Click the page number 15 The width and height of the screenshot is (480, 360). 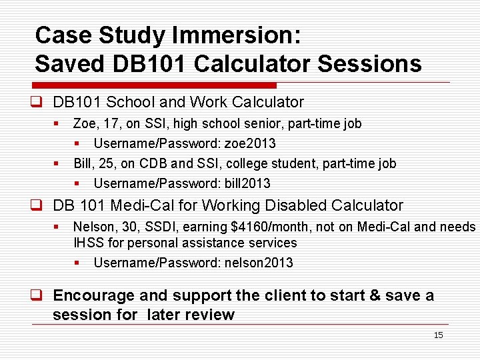(438, 335)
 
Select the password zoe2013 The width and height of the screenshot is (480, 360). (249, 143)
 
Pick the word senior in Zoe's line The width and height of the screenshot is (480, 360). (245, 123)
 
